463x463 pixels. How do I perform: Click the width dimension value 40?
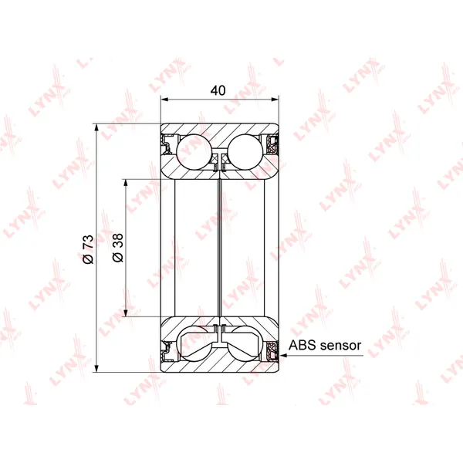coord(218,90)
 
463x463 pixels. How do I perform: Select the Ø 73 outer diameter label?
coord(88,249)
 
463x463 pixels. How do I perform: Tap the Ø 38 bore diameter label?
coord(117,248)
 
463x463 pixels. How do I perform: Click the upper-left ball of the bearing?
coord(194,152)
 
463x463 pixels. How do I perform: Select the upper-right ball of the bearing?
coord(245,152)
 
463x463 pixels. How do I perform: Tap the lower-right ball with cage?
coord(245,343)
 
